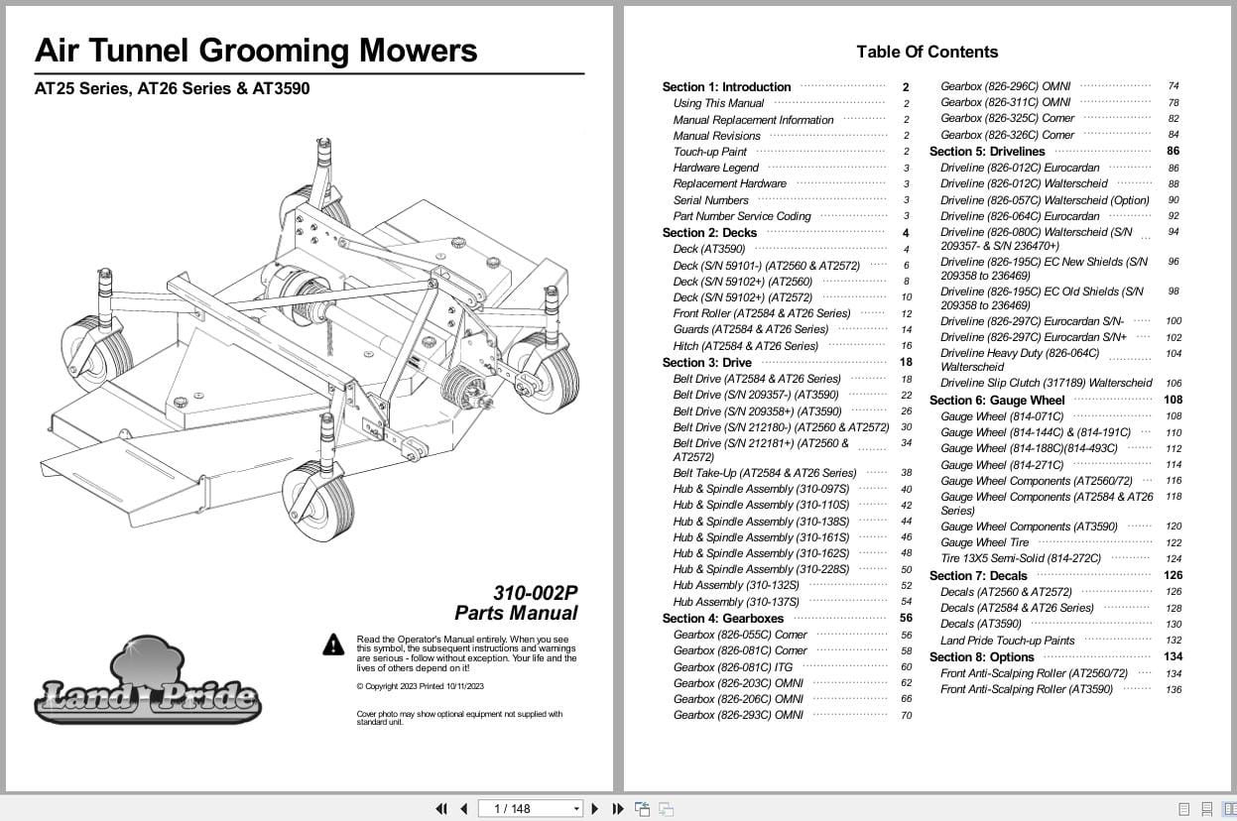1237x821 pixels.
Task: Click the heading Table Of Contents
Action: click(927, 52)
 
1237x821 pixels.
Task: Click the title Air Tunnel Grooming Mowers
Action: click(256, 50)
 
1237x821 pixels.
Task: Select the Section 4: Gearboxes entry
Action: click(722, 619)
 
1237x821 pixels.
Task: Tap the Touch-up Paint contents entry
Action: click(709, 152)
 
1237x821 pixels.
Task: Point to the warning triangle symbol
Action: click(333, 645)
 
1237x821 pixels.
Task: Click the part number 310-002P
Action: click(535, 593)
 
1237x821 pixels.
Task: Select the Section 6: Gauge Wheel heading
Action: click(996, 401)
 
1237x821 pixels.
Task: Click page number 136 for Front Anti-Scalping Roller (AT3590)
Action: click(1174, 690)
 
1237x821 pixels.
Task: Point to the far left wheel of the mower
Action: click(96, 351)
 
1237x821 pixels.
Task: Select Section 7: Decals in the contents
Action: click(977, 575)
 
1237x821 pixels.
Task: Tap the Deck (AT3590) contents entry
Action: click(708, 249)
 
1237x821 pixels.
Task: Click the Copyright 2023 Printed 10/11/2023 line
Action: click(420, 686)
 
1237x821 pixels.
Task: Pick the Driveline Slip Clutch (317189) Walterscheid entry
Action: click(1046, 383)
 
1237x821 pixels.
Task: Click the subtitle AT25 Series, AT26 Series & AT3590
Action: click(172, 88)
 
